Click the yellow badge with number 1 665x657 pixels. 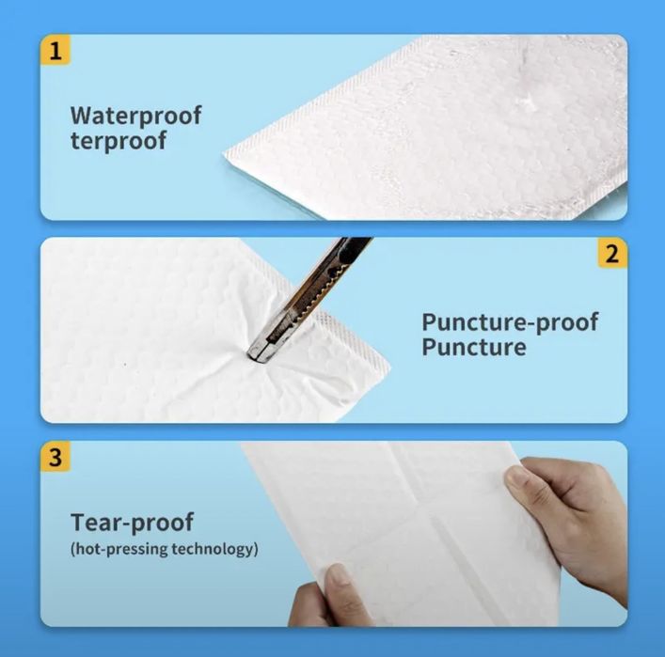[55, 50]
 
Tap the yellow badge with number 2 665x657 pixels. [612, 253]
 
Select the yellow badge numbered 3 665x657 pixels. [55, 457]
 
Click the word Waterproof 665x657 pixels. [135, 116]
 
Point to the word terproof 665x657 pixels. [119, 141]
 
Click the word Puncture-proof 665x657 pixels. [510, 322]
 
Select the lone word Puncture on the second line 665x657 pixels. [474, 347]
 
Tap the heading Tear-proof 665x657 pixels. [132, 523]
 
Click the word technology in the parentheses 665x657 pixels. [214, 549]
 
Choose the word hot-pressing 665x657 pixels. [121, 549]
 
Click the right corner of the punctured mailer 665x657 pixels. [388, 366]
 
